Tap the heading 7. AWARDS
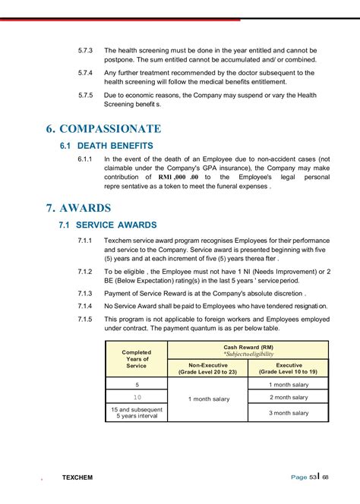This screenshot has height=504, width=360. [78, 208]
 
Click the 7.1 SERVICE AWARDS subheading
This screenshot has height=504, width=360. [109, 225]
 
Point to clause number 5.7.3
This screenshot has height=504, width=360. [85, 50]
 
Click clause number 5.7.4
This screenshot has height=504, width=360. [85, 73]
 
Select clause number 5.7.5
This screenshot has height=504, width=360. [85, 96]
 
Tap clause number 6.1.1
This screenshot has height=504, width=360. [85, 159]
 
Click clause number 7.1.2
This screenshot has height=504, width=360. [85, 271]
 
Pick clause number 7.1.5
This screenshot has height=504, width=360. [85, 319]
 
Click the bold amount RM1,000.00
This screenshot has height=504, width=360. [173, 177]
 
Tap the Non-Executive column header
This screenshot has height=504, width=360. [207, 369]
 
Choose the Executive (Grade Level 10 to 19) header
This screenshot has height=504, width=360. [288, 369]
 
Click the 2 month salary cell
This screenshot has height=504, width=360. [289, 397]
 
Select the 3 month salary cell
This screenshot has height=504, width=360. [289, 413]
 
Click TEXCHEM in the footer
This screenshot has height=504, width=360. [77, 477]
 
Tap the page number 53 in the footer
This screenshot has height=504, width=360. [313, 477]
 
